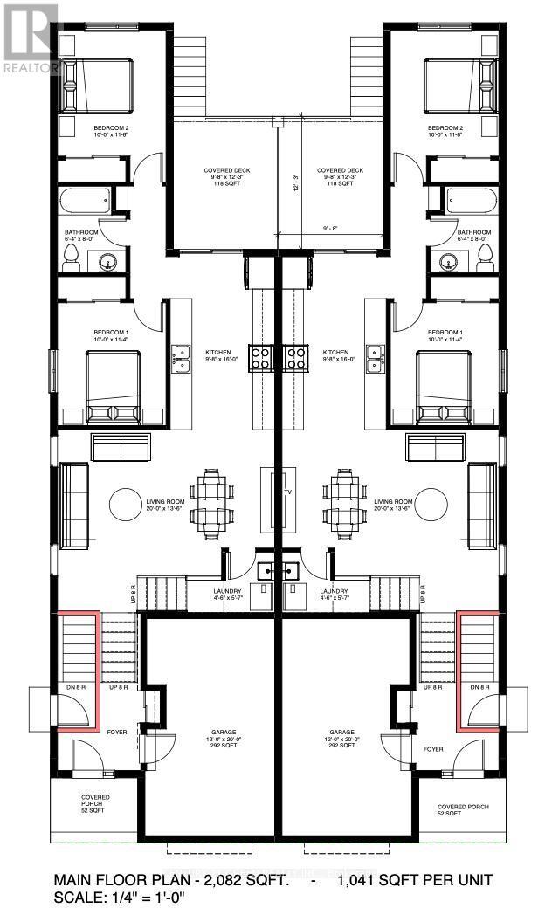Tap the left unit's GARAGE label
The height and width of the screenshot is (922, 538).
[212, 733]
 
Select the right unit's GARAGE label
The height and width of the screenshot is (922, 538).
[341, 733]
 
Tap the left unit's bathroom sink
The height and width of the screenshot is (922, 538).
[108, 261]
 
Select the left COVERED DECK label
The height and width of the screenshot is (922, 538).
[223, 170]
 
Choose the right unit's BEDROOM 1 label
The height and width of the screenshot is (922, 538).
[445, 333]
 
